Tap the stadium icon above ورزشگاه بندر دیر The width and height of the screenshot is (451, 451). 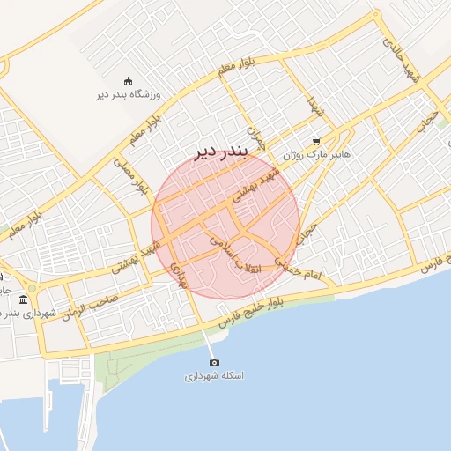click(129, 82)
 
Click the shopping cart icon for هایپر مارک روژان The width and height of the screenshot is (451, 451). click(316, 141)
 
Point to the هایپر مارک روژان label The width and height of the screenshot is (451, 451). click(316, 154)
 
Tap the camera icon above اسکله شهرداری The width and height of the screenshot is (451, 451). click(213, 362)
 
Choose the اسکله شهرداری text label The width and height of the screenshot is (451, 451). click(213, 376)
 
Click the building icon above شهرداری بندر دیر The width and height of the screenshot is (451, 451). click(22, 300)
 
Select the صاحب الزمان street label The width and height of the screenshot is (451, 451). click(88, 308)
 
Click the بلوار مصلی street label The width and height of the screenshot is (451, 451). click(130, 174)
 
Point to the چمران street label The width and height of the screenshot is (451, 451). click(254, 137)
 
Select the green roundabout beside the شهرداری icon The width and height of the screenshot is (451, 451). click(33, 288)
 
